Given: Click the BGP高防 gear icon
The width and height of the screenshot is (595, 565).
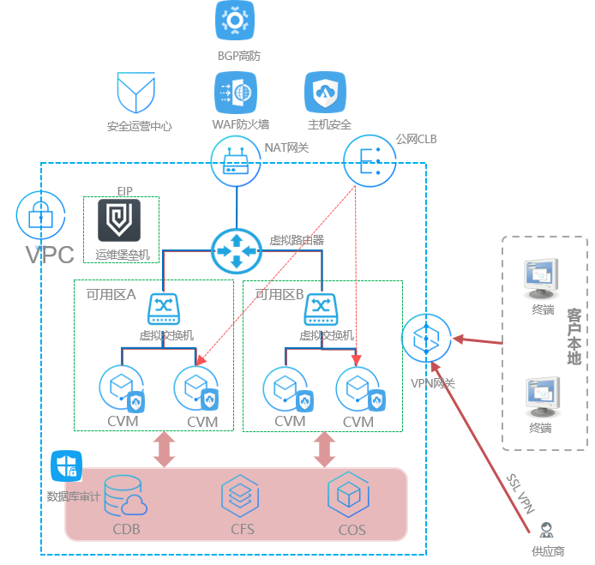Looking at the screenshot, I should (x=235, y=21).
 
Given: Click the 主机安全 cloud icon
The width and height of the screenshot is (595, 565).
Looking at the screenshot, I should (x=326, y=92).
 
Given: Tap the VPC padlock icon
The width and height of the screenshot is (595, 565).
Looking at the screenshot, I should (x=40, y=213).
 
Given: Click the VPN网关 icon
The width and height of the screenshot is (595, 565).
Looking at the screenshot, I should (x=426, y=339).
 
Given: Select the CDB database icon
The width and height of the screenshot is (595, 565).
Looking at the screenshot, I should (x=127, y=496).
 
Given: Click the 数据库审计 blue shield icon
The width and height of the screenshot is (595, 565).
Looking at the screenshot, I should (x=66, y=466).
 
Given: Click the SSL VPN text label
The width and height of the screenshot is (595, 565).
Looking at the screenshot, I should (x=518, y=492).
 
